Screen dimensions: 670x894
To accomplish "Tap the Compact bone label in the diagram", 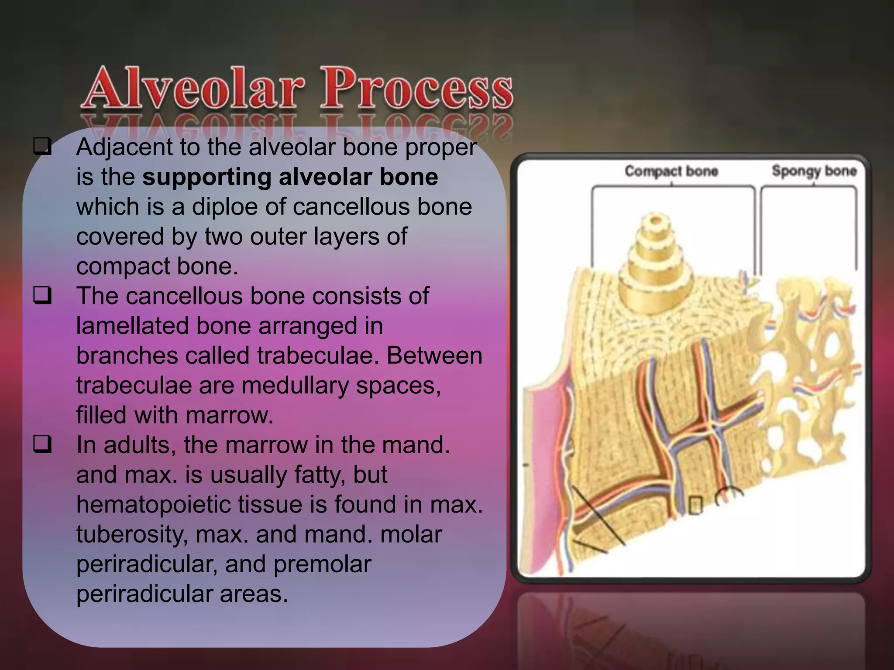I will (671, 171).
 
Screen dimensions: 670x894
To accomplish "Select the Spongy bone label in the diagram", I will (814, 171).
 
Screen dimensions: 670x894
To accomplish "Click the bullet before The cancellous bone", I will (42, 295).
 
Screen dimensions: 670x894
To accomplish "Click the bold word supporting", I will (206, 178).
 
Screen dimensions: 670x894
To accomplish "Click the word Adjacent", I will (124, 147).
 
